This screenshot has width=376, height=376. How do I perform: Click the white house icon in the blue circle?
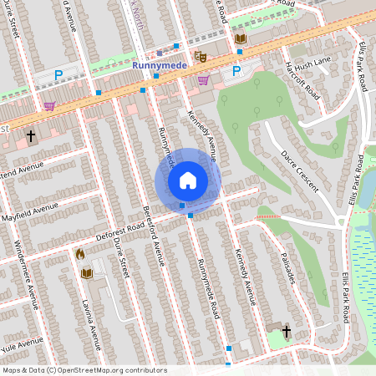tap(188, 180)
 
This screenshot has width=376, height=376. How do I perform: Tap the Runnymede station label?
tap(159, 64)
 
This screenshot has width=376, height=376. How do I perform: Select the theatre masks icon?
tap(200, 57)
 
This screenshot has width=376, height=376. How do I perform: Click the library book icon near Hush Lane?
tap(241, 39)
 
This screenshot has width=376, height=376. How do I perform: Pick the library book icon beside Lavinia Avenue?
tap(86, 273)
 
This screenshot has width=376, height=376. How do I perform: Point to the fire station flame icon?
tap(80, 253)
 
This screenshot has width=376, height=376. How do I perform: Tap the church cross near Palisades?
tap(287, 333)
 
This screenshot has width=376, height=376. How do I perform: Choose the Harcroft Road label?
tap(302, 79)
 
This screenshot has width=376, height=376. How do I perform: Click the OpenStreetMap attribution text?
tap(84, 370)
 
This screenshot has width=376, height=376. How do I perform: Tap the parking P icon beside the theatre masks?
tap(236, 70)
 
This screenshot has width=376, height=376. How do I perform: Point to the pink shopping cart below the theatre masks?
tap(203, 80)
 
